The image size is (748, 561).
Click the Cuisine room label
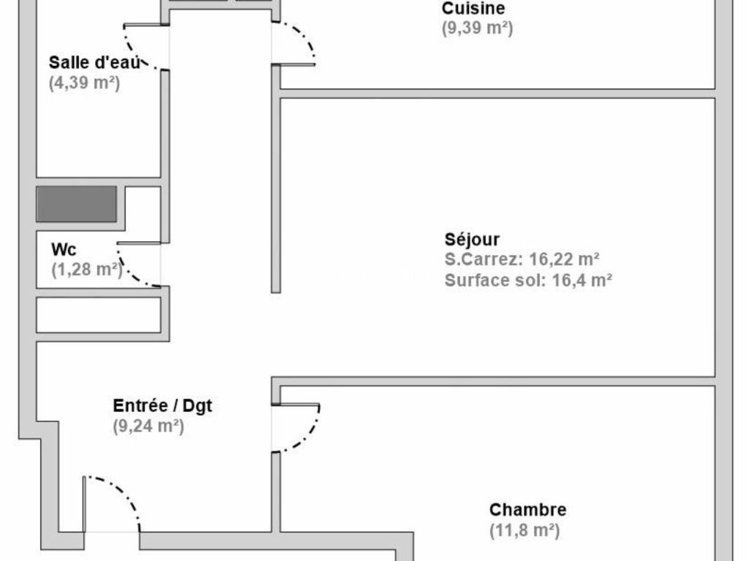coord(473,8)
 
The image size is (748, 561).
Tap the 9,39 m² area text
coord(477,28)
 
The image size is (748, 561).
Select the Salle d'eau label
coord(94,63)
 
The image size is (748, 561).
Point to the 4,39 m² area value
coord(84,83)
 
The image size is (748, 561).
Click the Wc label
coord(64,250)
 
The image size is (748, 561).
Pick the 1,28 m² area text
coord(87,270)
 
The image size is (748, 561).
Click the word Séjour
coord(472,239)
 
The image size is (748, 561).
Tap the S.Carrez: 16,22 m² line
coord(522,259)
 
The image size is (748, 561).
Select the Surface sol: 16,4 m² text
coord(528,280)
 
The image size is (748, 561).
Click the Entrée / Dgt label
coord(162,405)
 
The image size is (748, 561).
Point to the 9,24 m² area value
coord(148,426)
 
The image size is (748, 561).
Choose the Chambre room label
coord(527,509)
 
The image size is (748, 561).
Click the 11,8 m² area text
coord(524,530)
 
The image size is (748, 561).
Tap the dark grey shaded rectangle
coord(76,205)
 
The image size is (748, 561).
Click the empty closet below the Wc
coord(99,315)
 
